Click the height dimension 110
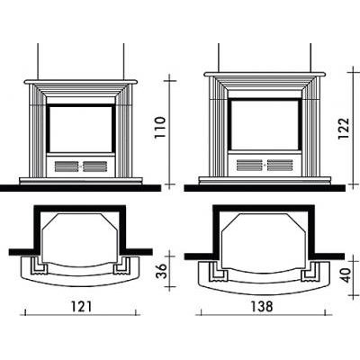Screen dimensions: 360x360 [160, 127]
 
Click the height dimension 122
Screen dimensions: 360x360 [344, 129]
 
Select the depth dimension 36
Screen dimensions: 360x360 [162, 271]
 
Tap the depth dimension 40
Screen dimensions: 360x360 [346, 275]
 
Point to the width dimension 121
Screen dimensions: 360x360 [81, 306]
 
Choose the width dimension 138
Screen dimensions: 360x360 [262, 306]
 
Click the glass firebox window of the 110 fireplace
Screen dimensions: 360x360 [81, 129]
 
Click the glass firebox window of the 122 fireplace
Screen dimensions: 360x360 [265, 125]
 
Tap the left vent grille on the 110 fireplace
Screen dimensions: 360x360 [67, 166]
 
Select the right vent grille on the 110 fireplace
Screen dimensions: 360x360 [94, 166]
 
